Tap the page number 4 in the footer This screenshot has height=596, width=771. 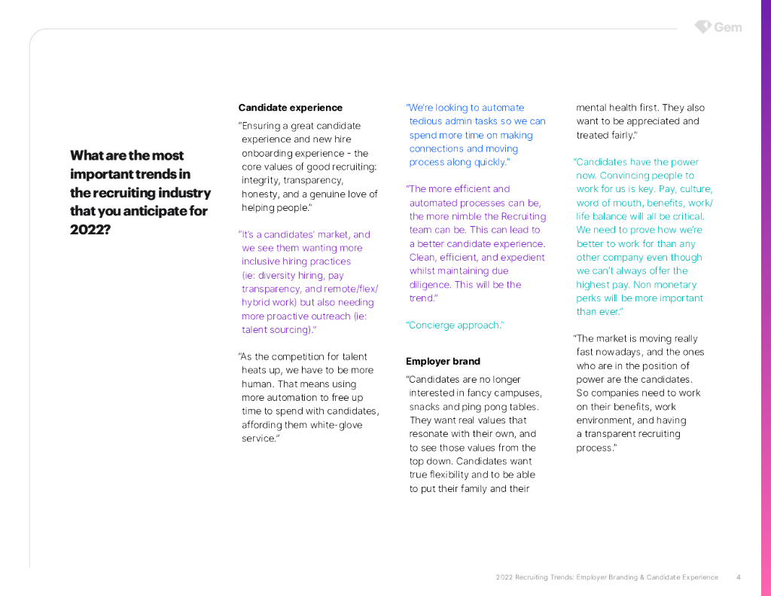[x=739, y=577]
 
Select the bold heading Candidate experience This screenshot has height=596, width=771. [x=290, y=108]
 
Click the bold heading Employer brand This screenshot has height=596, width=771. [x=443, y=361]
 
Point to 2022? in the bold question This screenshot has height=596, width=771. [x=90, y=229]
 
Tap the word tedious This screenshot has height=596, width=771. [x=428, y=121]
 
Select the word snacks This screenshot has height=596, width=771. [x=426, y=407]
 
